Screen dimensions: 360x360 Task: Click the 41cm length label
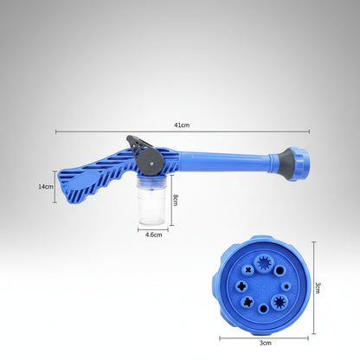pyautogui.click(x=181, y=125)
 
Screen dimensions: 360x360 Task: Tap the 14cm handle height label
pyautogui.click(x=46, y=186)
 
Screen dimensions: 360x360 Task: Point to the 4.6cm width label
pyautogui.click(x=154, y=235)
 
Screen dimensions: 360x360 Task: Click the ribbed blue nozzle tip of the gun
pyautogui.click(x=300, y=162)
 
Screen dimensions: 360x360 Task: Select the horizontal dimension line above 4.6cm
pyautogui.click(x=153, y=228)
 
